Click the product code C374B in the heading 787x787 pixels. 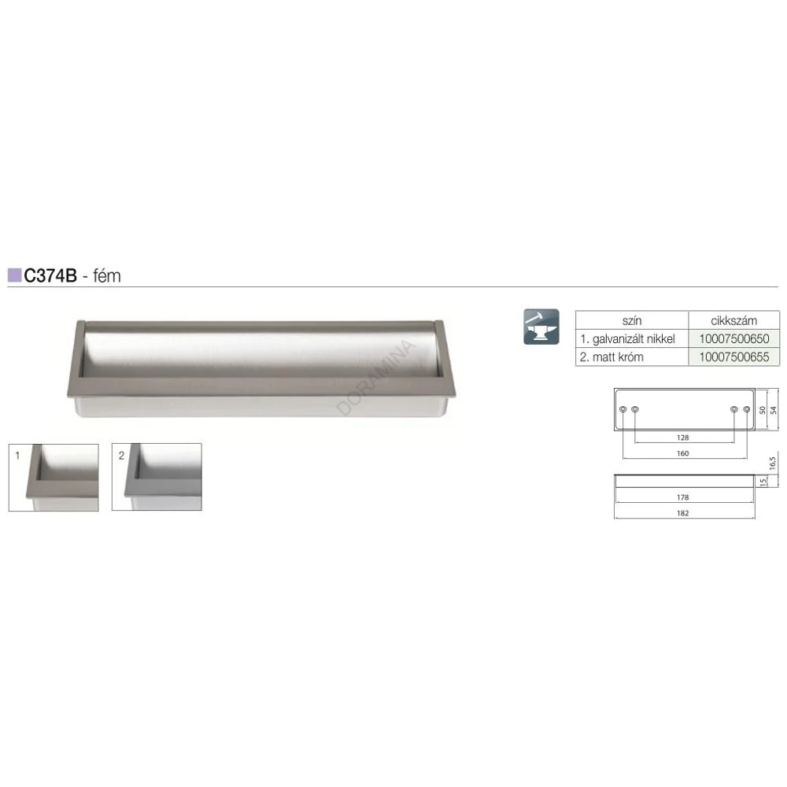[x=50, y=275]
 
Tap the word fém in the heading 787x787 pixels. [x=107, y=275]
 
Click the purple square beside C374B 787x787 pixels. [x=14, y=275]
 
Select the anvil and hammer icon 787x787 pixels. [x=541, y=327]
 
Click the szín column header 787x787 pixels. [x=631, y=320]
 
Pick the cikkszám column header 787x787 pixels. [x=733, y=320]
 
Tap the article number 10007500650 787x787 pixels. [x=734, y=338]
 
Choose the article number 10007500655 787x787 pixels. [x=734, y=357]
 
